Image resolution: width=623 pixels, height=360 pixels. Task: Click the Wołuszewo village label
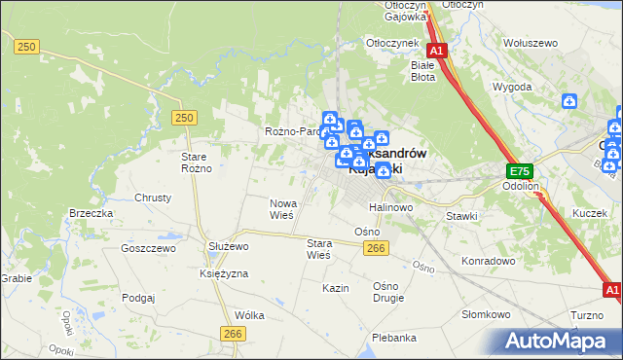coord(530,43)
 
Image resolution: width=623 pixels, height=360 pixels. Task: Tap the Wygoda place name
coord(512,87)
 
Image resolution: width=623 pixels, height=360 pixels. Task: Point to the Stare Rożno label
coord(197,162)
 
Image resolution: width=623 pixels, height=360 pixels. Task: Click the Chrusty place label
coord(153,197)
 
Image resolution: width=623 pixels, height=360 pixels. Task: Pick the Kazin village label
coord(336,289)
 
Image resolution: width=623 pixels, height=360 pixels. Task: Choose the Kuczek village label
coord(590,213)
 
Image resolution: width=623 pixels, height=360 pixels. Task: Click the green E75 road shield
coord(518,171)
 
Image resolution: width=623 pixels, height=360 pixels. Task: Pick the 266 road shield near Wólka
coord(232,334)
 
